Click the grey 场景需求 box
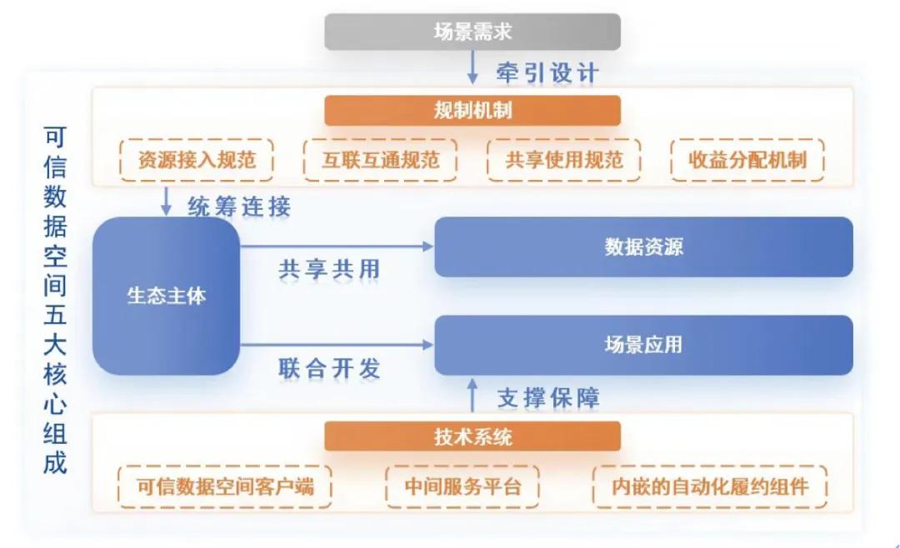[472, 32]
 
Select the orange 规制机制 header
[472, 111]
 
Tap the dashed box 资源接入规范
[197, 159]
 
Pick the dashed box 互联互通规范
[380, 159]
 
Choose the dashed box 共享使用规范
[563, 159]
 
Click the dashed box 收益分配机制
[747, 159]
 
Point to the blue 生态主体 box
[166, 296]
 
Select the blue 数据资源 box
[643, 247]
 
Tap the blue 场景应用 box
[643, 345]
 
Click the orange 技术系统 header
[472, 436]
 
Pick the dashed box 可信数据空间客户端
[225, 486]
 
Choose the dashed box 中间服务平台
[462, 486]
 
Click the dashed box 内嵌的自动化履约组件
[709, 486]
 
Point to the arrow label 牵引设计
[547, 72]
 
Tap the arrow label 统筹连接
[239, 206]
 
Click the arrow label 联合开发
[329, 369]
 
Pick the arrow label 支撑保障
[547, 398]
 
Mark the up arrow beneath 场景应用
[472, 396]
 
